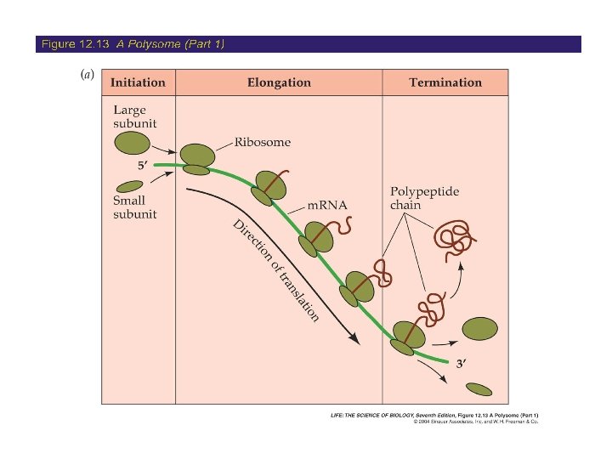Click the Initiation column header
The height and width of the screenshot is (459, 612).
coord(138,82)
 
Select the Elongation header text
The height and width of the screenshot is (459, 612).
coord(279,82)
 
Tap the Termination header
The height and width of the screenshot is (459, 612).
coord(445,82)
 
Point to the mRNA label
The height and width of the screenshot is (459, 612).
coord(327,206)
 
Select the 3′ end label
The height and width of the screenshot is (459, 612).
coord(462,364)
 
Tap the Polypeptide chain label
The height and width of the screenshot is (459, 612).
coord(424,198)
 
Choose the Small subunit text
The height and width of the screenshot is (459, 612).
coord(135,207)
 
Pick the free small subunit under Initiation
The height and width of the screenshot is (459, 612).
coord(129,186)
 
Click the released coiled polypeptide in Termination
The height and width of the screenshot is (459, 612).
coord(454,239)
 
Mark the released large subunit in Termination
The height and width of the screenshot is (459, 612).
coord(481,328)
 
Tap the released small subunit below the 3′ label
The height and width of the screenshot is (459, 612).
coord(479,389)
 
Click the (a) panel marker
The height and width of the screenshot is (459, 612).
coord(86,74)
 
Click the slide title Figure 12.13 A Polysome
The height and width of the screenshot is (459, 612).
coord(133,43)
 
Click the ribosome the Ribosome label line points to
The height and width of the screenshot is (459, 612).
coord(198,158)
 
